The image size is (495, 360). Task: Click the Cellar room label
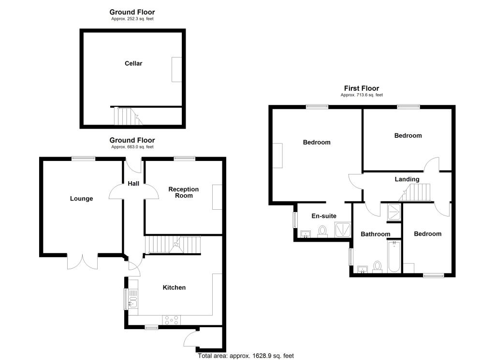tap(133, 63)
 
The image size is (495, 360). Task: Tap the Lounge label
tap(81, 199)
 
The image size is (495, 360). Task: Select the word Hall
tap(133, 184)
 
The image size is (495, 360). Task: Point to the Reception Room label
tap(183, 192)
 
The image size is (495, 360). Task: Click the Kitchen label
tap(174, 288)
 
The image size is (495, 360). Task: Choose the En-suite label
tap(324, 216)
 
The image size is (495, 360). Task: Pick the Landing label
tap(407, 179)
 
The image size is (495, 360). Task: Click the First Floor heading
tap(362, 88)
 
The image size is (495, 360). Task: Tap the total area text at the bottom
tap(246, 356)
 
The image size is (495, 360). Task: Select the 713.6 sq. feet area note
tap(362, 95)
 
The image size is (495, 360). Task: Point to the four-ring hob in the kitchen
tap(172, 320)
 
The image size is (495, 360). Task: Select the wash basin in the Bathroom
tap(362, 269)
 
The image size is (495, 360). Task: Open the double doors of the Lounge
tap(82, 261)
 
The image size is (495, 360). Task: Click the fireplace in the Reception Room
tap(217, 197)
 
